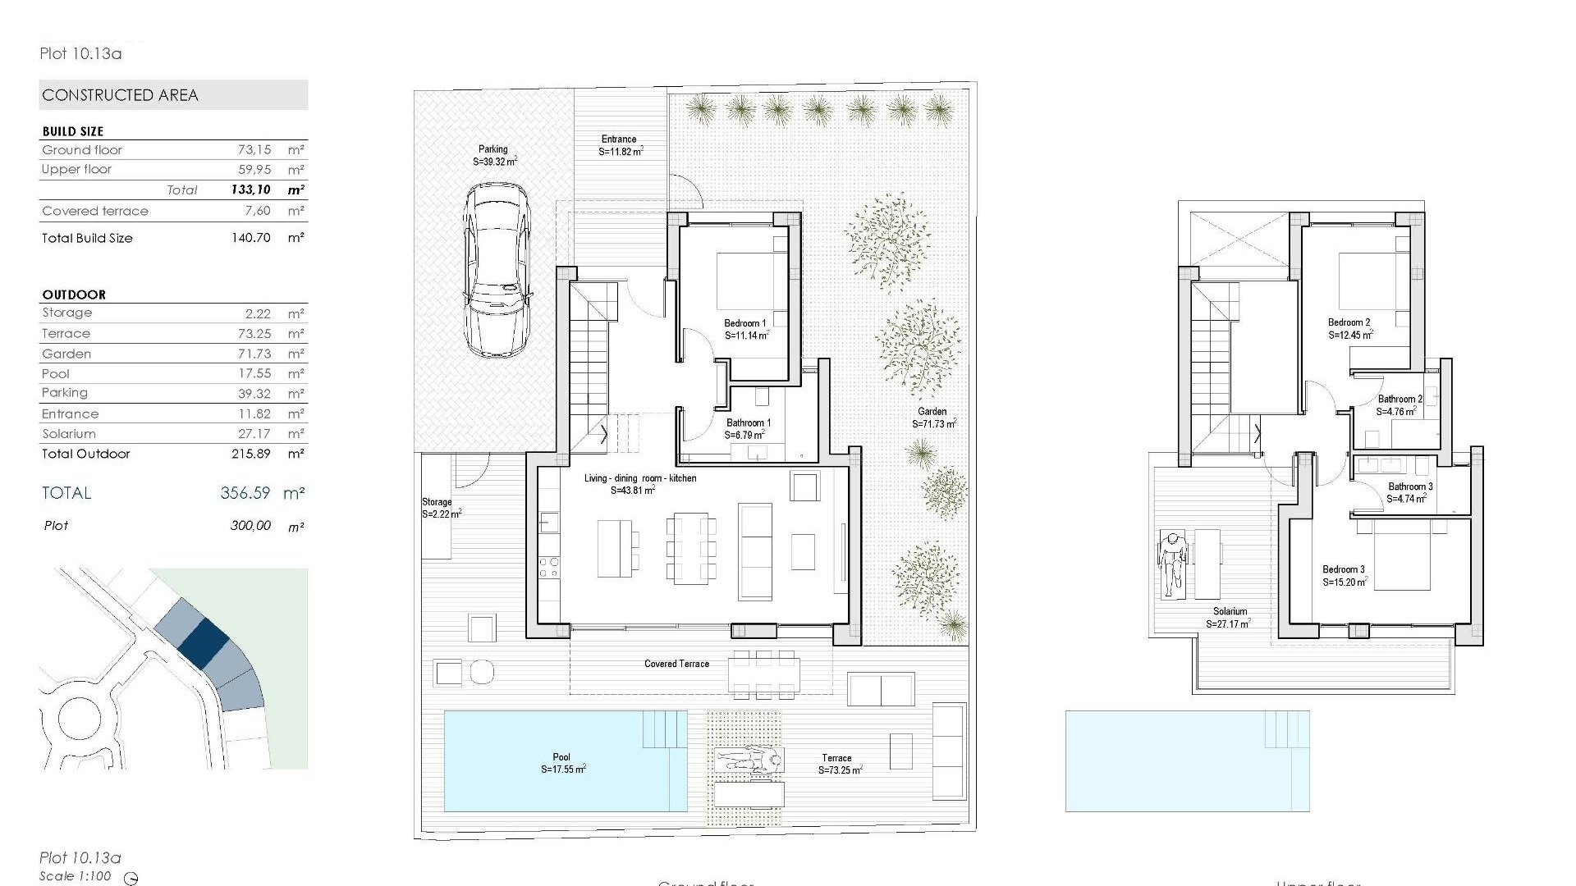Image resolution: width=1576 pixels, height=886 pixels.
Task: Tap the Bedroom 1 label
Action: (x=745, y=323)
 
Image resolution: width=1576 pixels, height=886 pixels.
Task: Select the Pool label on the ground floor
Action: (x=561, y=757)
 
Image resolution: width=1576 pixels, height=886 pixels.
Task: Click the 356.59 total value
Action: (x=245, y=493)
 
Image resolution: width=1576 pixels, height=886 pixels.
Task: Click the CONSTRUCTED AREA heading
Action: (x=120, y=95)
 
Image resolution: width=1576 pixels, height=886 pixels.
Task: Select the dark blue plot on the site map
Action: (x=204, y=641)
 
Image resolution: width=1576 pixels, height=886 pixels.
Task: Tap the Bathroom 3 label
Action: (x=1410, y=486)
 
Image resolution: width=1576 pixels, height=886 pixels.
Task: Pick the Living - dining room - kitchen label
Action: (x=640, y=478)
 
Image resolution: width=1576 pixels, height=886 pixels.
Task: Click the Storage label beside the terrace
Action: (x=437, y=502)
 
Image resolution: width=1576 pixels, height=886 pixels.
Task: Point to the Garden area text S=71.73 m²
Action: (x=933, y=424)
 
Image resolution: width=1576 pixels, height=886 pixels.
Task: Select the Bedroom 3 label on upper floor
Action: (x=1344, y=569)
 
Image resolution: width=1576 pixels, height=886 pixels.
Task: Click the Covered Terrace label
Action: (x=676, y=664)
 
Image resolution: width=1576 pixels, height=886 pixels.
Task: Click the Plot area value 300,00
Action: (x=250, y=526)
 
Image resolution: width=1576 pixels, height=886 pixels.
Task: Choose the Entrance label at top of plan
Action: (x=619, y=139)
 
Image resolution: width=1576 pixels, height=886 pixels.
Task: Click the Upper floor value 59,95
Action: (x=254, y=170)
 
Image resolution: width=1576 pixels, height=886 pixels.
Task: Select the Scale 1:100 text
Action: (x=76, y=876)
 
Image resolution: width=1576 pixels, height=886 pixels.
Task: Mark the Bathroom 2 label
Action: (x=1400, y=400)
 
